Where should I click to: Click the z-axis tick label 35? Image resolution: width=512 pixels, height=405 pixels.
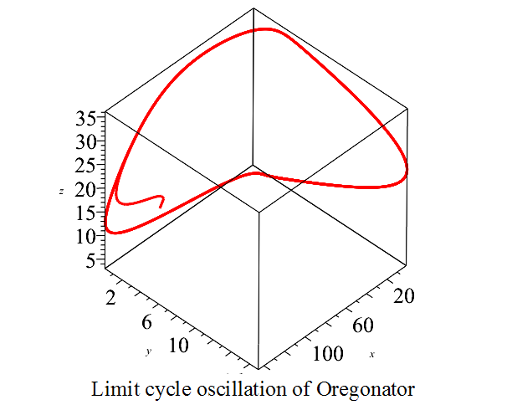coord(86,118)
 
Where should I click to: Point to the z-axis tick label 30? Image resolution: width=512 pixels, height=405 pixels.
coord(86,141)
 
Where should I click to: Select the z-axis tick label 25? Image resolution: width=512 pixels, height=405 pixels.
coord(86,166)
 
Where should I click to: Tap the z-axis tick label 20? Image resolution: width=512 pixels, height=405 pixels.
coord(86,189)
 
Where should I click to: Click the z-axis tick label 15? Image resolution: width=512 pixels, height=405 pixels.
coord(86,213)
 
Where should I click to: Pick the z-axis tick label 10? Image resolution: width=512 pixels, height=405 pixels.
coord(86,236)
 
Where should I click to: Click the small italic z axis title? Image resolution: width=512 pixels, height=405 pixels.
coord(61,192)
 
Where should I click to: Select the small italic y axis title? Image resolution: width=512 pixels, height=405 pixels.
coord(148,352)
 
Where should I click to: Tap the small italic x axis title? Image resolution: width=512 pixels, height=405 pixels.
coord(371,356)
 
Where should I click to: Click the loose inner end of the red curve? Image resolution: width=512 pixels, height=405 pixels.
coord(161,205)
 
